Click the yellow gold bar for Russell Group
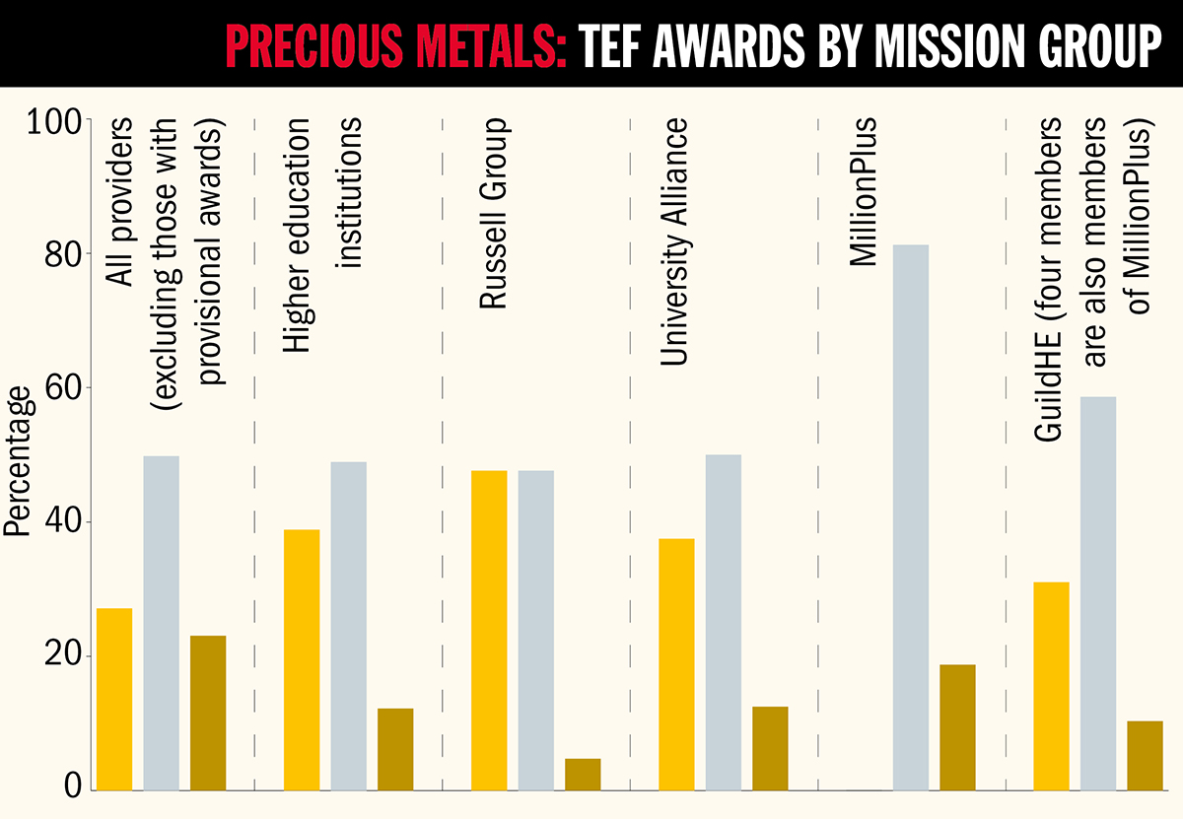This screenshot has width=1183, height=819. [x=489, y=630]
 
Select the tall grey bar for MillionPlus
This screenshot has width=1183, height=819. [x=911, y=516]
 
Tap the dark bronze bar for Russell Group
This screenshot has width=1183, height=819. [x=583, y=774]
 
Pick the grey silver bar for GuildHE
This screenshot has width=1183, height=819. [x=1098, y=592]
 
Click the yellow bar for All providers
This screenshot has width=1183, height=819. [x=114, y=699]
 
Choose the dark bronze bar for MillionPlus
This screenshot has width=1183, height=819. [x=957, y=726]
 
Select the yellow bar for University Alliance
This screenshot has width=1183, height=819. [x=676, y=663]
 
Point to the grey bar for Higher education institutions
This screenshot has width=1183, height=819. [x=348, y=625]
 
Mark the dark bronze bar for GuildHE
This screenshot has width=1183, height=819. [x=1145, y=755]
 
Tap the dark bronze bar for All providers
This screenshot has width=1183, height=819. [x=208, y=712]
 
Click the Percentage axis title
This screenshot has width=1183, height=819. [x=18, y=462]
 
